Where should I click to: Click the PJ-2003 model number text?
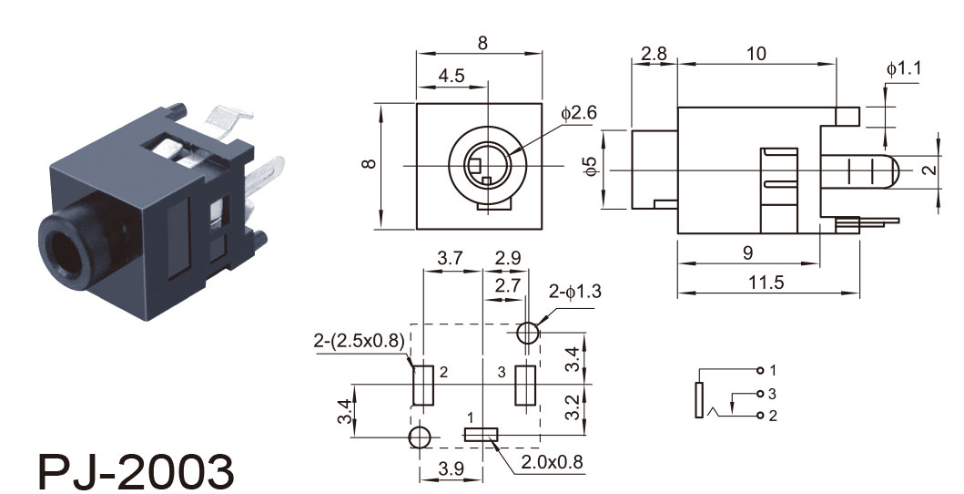(136, 472)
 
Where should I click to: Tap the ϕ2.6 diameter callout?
(579, 113)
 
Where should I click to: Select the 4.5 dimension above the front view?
(452, 76)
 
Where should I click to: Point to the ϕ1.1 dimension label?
(903, 69)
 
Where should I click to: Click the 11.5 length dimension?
(766, 283)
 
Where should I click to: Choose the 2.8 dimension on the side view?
(654, 54)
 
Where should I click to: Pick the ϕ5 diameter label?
(590, 166)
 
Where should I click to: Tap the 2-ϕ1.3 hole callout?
(574, 292)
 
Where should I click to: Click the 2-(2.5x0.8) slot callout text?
(359, 340)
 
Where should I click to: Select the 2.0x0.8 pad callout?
(552, 462)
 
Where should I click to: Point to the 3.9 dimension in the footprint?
(451, 468)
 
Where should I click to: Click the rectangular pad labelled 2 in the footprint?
(423, 386)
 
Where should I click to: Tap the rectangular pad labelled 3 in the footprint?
(525, 386)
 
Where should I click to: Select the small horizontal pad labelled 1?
(480, 436)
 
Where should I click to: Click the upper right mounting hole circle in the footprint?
(527, 334)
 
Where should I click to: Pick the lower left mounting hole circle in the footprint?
(420, 437)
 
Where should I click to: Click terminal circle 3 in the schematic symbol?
(760, 394)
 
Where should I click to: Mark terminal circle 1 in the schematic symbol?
(760, 370)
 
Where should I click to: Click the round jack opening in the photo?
(66, 253)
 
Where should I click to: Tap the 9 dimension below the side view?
(747, 252)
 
